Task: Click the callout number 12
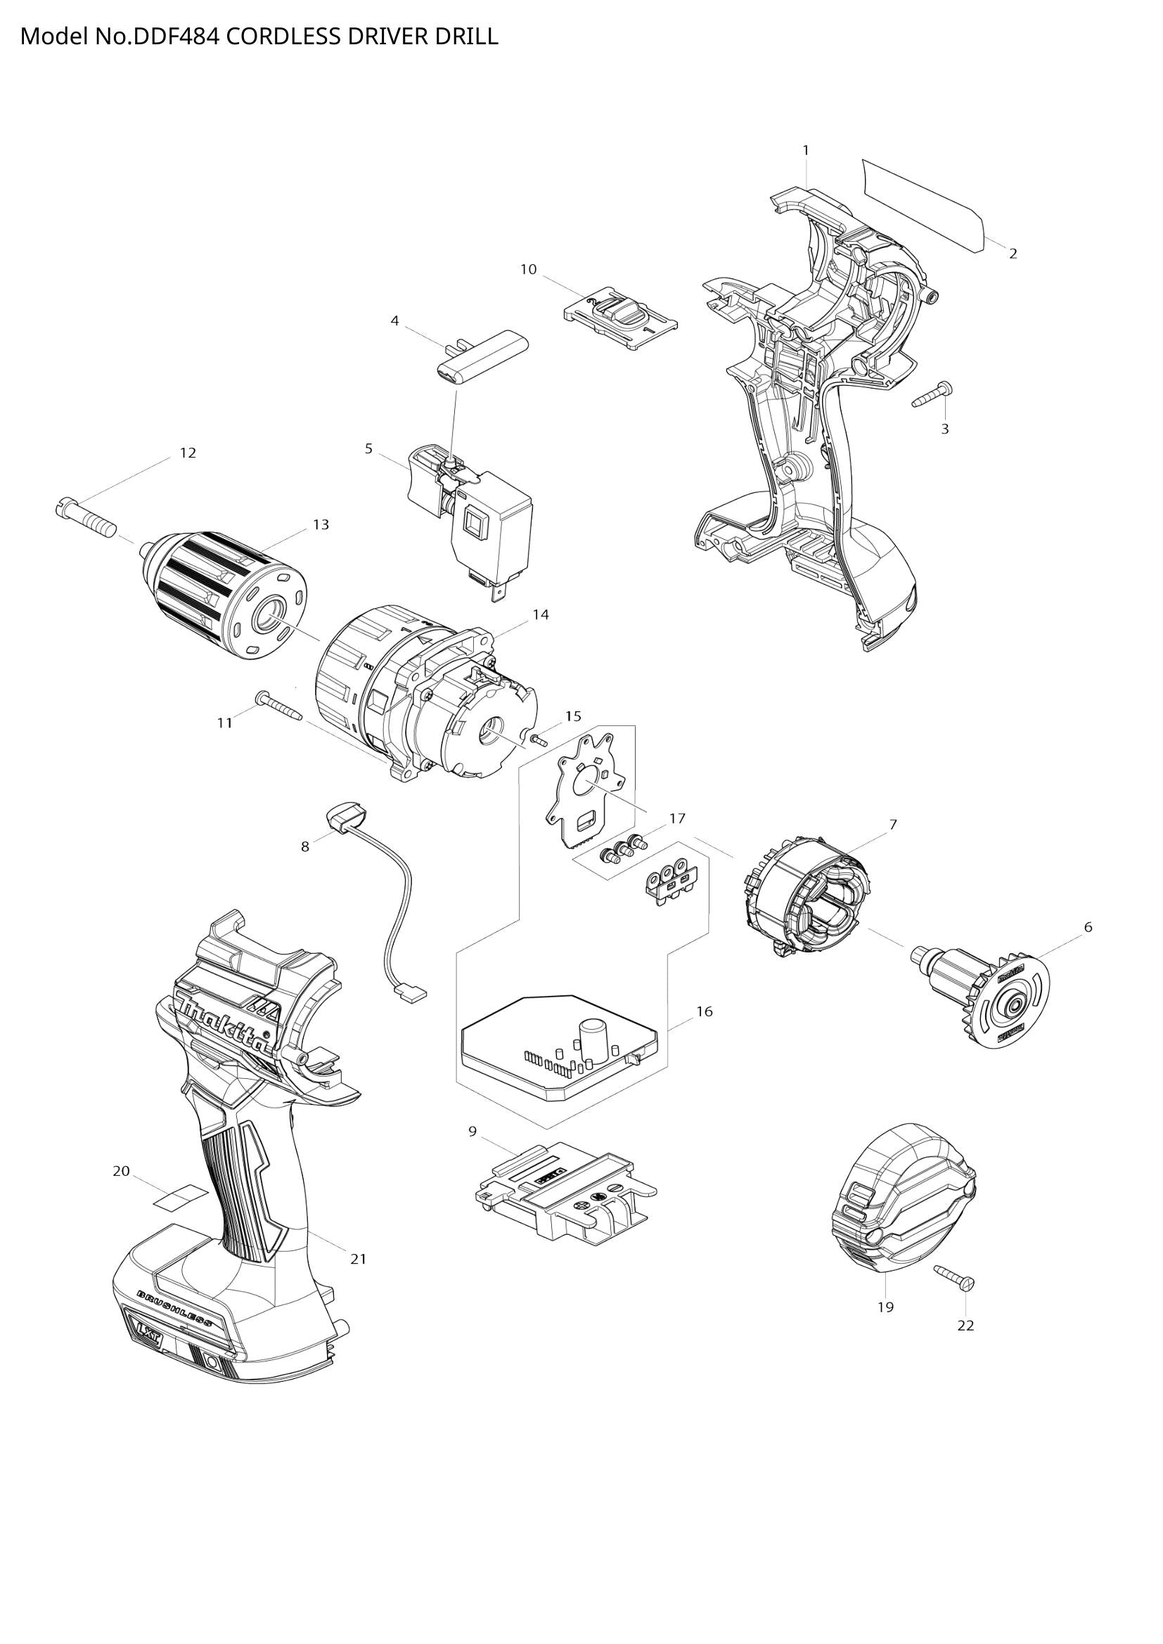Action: pos(188,453)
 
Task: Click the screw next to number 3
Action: pos(933,395)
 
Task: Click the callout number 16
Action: pos(705,1011)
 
